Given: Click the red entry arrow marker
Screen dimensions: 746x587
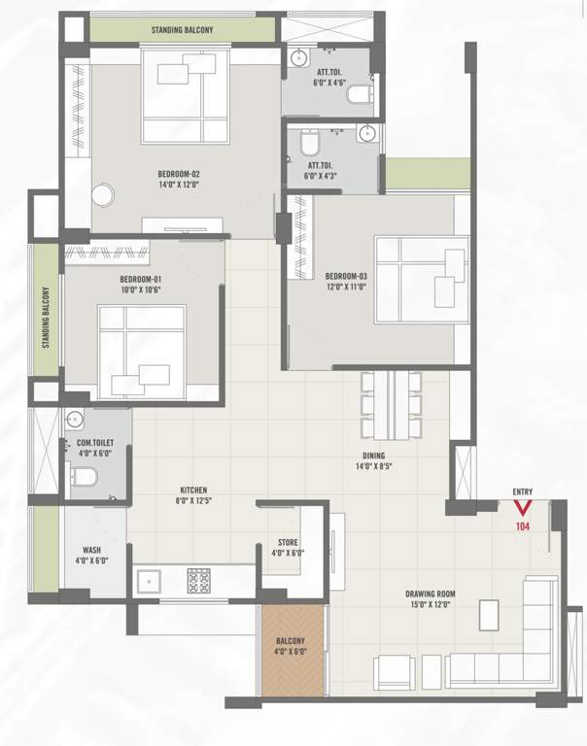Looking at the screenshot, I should coord(523,507).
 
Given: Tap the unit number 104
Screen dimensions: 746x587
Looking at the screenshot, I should coord(523,526).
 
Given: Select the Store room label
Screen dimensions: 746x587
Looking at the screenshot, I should coord(288,547).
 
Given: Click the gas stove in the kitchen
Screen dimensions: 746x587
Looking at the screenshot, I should coord(199,580).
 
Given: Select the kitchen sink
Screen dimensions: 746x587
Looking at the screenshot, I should coord(149,582).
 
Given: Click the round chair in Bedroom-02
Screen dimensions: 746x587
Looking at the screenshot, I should coord(103,194).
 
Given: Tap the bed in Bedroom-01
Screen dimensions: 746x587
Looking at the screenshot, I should coord(142,351).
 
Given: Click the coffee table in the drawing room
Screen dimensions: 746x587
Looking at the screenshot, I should coord(489,613).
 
